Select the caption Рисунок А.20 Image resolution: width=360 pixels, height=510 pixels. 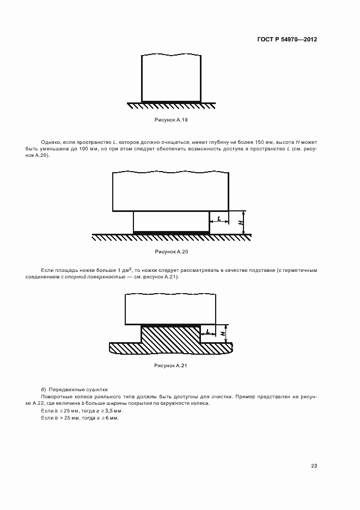point(171,252)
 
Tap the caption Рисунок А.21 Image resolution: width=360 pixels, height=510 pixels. point(171,365)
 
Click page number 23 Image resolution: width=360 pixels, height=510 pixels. point(314,465)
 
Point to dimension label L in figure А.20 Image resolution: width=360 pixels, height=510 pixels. point(218,218)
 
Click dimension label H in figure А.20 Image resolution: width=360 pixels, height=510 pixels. point(240,222)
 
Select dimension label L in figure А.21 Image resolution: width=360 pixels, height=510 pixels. point(208,331)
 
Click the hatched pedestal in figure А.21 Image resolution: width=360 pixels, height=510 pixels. point(170,341)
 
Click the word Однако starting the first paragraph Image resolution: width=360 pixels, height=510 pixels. point(51,142)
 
